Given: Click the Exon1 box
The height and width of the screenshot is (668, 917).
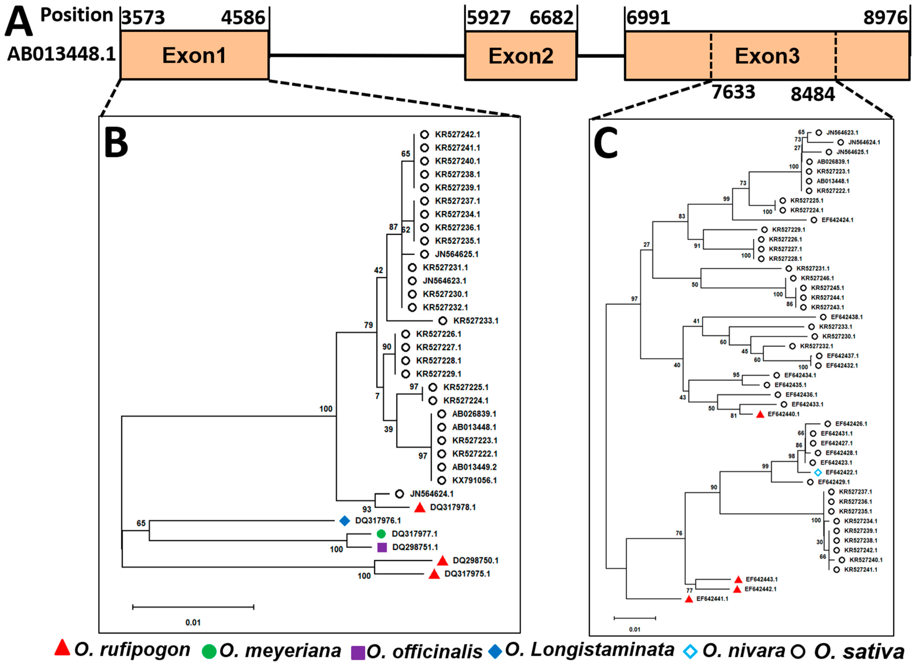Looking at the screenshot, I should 194,55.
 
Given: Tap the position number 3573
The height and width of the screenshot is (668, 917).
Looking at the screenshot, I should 143,18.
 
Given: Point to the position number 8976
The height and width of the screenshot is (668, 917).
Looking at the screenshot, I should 885,18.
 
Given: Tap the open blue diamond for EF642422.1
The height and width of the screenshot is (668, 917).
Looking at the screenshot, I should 818,472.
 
